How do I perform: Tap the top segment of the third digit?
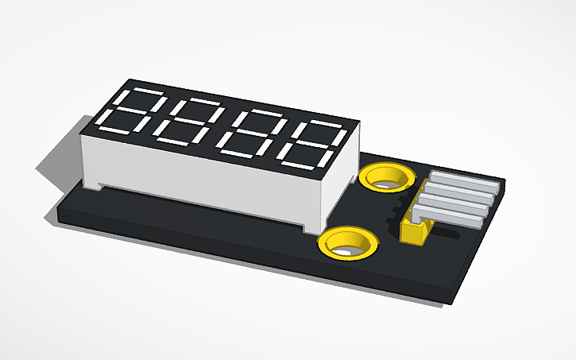click(255, 113)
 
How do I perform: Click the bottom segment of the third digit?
click(237, 151)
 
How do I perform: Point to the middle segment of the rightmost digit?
click(311, 143)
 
